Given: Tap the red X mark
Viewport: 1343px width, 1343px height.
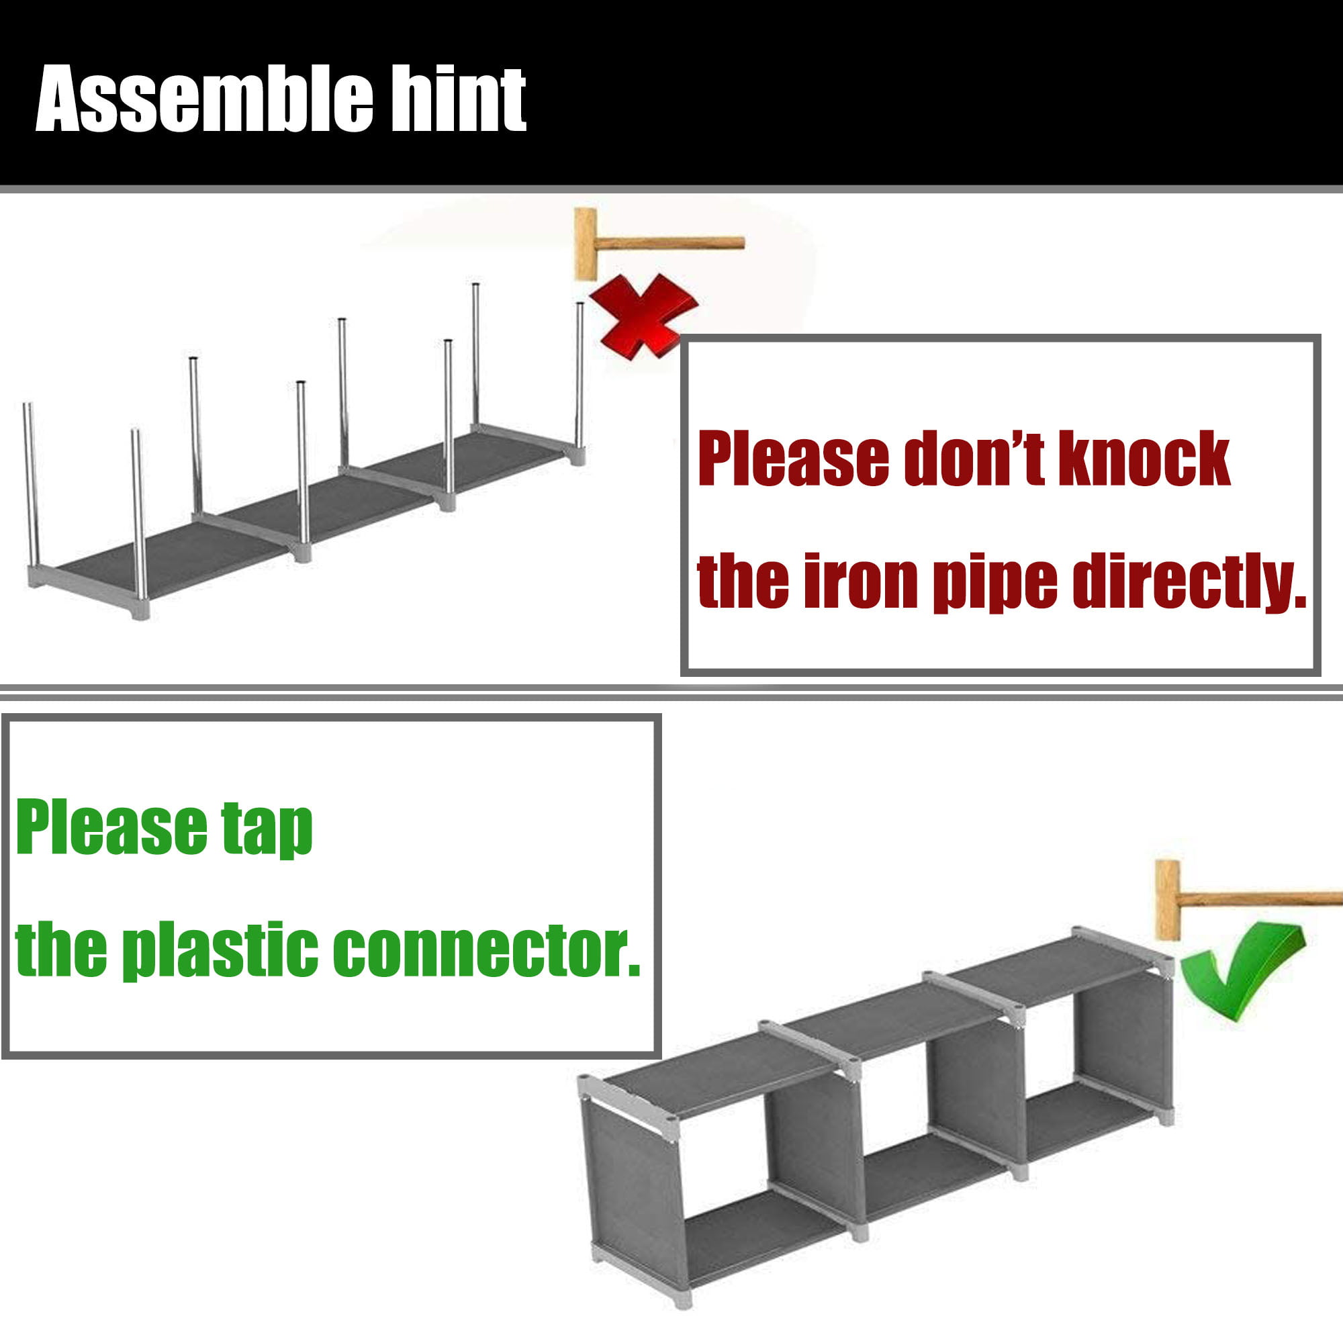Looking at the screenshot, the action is [643, 316].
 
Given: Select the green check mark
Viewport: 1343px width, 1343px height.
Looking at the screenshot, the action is [1243, 971].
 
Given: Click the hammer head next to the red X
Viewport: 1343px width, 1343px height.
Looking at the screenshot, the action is [586, 244].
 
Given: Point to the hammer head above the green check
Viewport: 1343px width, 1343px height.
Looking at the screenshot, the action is [1168, 900].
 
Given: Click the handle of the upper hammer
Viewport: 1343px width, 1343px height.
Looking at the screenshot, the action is [671, 243].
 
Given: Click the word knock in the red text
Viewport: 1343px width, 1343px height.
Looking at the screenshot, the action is [1144, 458].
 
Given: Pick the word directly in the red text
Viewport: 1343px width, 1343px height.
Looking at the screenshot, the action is [1189, 582].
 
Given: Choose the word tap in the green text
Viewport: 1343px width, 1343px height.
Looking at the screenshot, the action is [267, 830].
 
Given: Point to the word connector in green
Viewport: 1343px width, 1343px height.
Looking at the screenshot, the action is [487, 950].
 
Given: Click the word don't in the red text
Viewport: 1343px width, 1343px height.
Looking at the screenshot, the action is [974, 458].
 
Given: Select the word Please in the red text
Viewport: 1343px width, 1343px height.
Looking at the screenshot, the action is [794, 459].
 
